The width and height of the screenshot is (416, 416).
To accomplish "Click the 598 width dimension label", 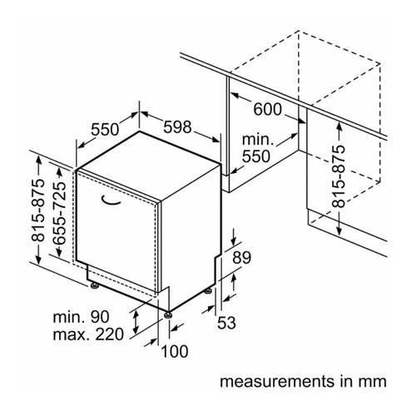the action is pyautogui.click(x=177, y=127).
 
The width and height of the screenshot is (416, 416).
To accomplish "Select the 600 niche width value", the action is pyautogui.click(x=268, y=109).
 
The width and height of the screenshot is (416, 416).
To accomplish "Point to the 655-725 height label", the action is pyautogui.click(x=60, y=213).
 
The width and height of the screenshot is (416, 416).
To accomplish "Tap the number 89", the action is pyautogui.click(x=242, y=257).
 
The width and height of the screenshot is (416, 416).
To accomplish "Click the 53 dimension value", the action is pyautogui.click(x=226, y=323).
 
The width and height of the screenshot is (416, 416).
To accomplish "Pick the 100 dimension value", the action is pyautogui.click(x=175, y=351).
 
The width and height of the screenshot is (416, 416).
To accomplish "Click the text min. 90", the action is pyautogui.click(x=81, y=317).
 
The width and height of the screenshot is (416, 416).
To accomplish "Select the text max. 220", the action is pyautogui.click(x=88, y=334).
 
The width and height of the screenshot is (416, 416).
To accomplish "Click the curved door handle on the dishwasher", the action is pyautogui.click(x=111, y=201).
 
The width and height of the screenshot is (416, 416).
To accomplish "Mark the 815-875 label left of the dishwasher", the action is pyautogui.click(x=37, y=210).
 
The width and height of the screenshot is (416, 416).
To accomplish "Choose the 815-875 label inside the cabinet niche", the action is pyautogui.click(x=339, y=176).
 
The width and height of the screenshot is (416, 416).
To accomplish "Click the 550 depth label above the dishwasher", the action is pyautogui.click(x=105, y=129).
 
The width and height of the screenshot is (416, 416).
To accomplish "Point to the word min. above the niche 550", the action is pyautogui.click(x=258, y=140).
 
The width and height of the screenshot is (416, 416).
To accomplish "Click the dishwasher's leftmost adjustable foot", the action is pyautogui.click(x=94, y=285).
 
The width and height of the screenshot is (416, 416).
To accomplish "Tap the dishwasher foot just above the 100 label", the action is pyautogui.click(x=167, y=315).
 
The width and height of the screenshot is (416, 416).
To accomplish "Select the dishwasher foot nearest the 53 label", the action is pyautogui.click(x=208, y=291).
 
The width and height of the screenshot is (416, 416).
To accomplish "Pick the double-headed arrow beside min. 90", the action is pyautogui.click(x=136, y=322).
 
